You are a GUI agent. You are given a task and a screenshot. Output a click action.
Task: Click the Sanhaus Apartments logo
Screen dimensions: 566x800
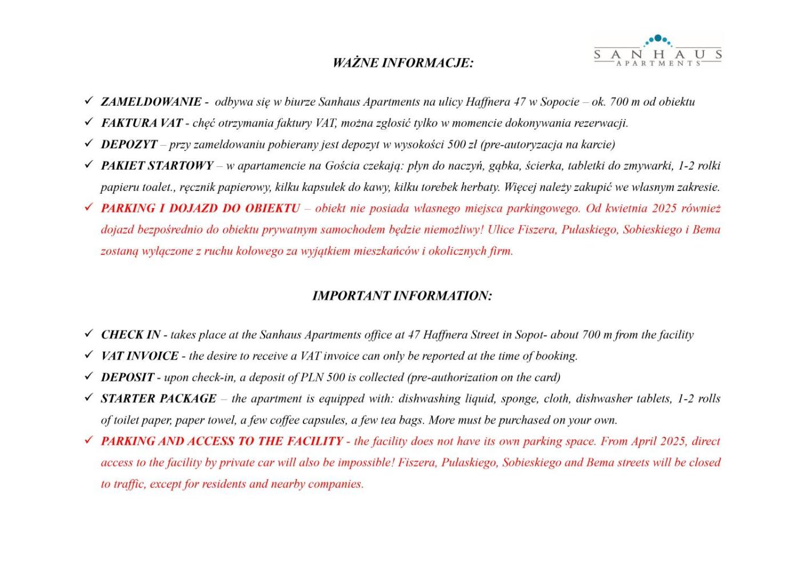(658, 51)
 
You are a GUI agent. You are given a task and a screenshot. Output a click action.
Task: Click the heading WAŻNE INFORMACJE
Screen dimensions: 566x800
(403, 63)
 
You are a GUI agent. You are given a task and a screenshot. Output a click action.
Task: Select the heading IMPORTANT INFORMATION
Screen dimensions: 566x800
(402, 296)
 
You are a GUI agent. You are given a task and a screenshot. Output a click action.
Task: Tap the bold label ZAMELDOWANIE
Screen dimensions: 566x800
(151, 102)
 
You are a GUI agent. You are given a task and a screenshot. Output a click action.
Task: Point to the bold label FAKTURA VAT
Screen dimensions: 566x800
(142, 123)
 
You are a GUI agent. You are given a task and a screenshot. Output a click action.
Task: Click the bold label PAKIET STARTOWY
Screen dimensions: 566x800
(157, 166)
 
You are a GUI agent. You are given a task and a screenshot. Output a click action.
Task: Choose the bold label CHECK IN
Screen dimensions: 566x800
(131, 334)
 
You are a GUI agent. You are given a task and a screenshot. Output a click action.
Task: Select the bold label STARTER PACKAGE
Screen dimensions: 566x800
(159, 398)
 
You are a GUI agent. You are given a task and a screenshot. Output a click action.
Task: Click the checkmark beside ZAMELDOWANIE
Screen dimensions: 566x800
(89, 101)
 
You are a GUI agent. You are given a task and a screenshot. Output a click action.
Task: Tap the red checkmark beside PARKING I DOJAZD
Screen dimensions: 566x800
(89, 207)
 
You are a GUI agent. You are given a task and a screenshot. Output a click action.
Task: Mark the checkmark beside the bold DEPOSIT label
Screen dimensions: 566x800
(89, 376)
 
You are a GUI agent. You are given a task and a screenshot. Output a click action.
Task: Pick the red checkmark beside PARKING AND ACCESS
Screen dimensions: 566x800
(89, 440)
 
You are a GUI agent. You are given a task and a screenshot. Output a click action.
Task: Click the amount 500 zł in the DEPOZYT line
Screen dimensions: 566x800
(462, 144)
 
